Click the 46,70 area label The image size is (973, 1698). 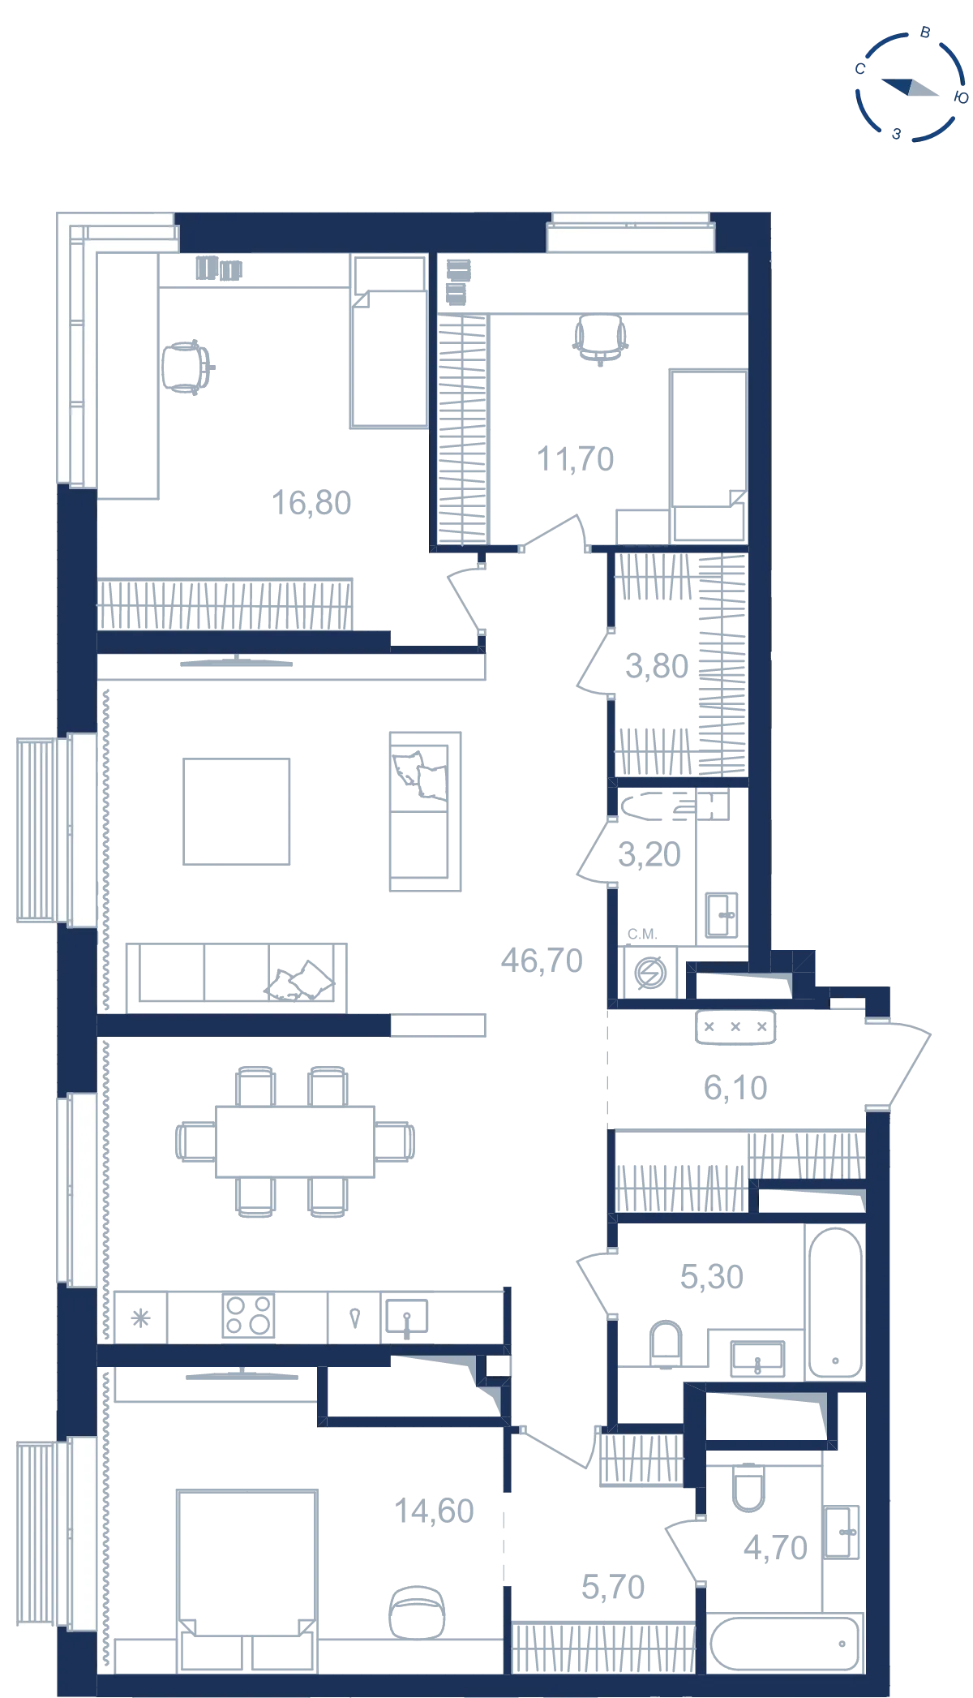542,961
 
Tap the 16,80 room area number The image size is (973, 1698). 311,503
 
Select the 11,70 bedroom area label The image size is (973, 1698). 576,459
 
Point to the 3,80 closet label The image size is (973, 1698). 657,666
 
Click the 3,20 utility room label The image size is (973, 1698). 649,854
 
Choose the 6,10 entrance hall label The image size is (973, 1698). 735,1088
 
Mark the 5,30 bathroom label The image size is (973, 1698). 712,1277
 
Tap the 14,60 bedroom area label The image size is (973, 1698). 434,1511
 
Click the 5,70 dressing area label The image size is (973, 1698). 613,1587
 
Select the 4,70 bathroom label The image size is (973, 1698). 776,1548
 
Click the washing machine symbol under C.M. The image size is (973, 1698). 650,973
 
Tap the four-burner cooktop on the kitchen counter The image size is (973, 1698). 248,1315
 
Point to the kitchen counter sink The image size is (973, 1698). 406,1318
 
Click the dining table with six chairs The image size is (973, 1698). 295,1141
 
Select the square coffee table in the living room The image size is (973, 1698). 237,811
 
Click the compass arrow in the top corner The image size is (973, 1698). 910,87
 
